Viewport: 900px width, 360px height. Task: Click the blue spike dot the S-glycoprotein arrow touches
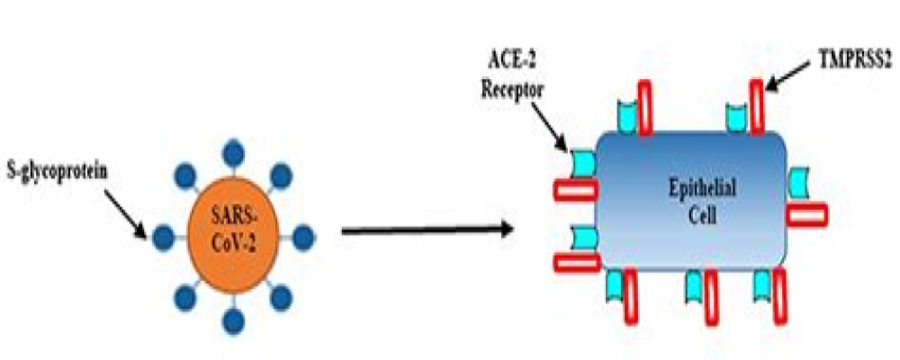(163, 238)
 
